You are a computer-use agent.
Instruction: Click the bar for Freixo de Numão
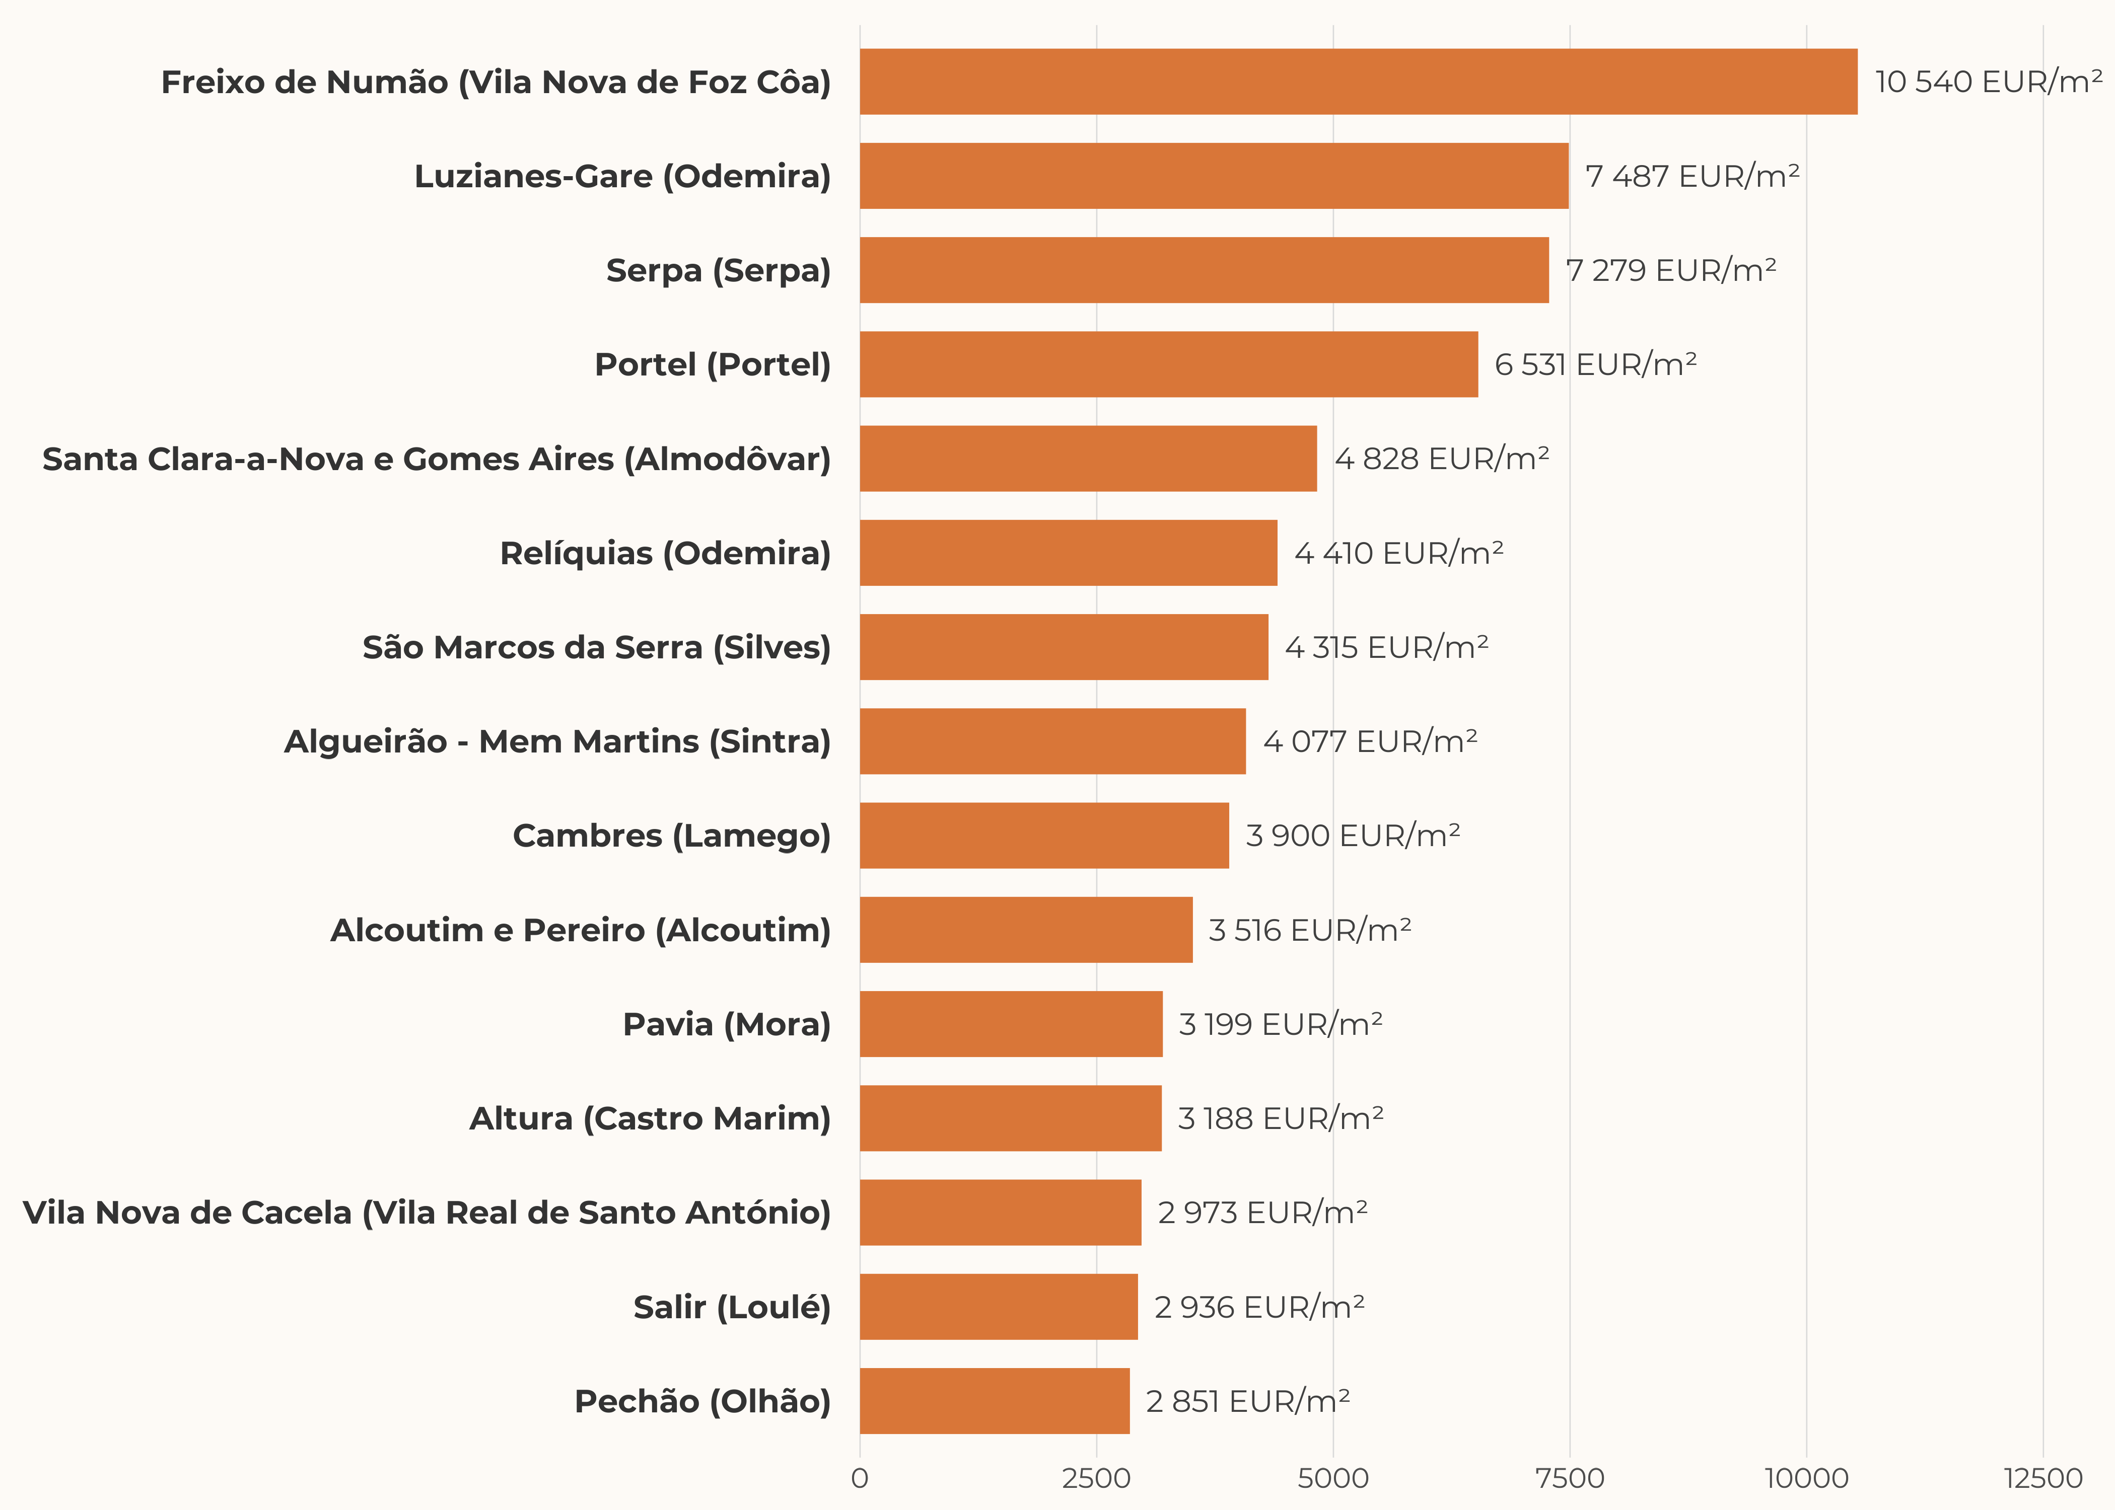(x=1358, y=82)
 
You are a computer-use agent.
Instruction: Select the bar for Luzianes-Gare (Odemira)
(x=1214, y=176)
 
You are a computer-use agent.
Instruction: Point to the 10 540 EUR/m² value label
(x=1988, y=82)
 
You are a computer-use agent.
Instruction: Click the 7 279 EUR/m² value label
(x=1670, y=271)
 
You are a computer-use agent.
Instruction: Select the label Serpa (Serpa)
(x=718, y=271)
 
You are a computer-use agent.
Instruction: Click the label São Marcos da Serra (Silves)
(x=596, y=647)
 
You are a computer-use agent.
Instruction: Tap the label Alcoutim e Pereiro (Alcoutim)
(x=581, y=930)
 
